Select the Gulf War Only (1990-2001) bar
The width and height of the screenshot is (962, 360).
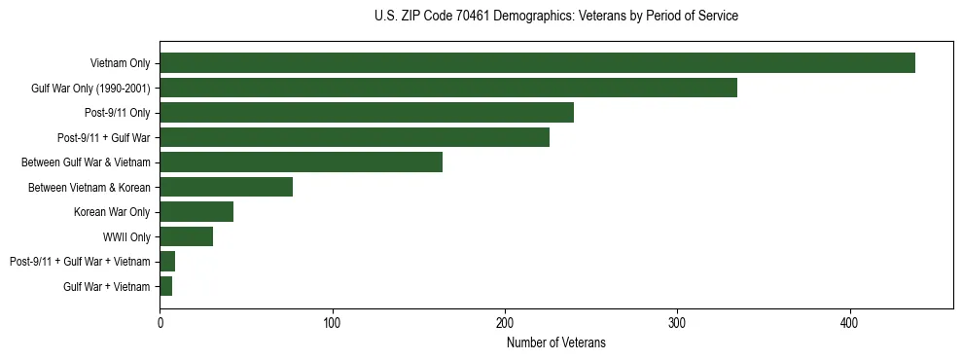(x=448, y=88)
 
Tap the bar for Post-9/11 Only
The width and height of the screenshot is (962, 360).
(x=367, y=113)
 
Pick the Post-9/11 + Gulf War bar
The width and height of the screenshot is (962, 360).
(x=354, y=137)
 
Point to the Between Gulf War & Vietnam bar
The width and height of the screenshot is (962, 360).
(x=301, y=162)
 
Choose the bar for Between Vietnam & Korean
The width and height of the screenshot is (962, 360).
(x=226, y=187)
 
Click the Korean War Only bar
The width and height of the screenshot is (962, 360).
(x=196, y=212)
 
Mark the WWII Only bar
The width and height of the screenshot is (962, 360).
(x=186, y=236)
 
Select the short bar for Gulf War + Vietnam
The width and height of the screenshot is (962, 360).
(x=165, y=286)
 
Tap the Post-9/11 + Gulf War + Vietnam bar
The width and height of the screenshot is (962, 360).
(x=167, y=262)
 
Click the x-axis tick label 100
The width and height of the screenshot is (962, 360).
(x=333, y=322)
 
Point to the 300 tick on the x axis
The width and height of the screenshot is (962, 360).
(x=678, y=322)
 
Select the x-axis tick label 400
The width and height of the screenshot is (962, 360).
(x=850, y=322)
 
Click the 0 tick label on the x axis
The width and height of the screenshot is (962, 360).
(x=160, y=322)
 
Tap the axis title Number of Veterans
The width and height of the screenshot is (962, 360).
(x=555, y=342)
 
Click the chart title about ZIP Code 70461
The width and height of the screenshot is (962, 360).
(x=555, y=17)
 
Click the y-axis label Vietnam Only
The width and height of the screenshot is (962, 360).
(x=120, y=63)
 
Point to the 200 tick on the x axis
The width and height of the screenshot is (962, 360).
(x=505, y=322)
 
